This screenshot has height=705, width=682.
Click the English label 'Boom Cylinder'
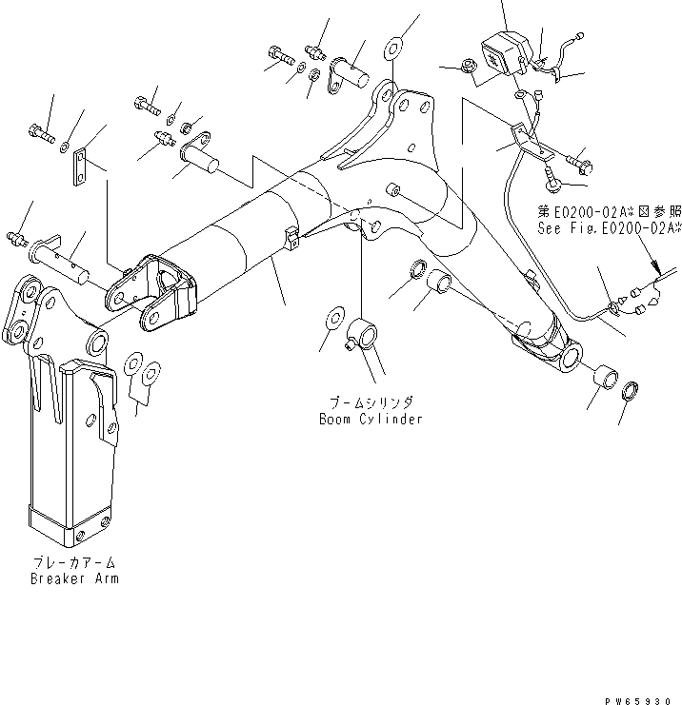(x=371, y=419)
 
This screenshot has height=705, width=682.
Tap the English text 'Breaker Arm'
(x=74, y=578)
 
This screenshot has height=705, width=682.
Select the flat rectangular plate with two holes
(x=84, y=166)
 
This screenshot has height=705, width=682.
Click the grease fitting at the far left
(x=15, y=236)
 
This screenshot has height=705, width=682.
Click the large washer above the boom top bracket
(x=395, y=47)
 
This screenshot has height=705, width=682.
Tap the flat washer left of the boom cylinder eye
(x=333, y=317)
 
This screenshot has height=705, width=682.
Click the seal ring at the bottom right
(x=630, y=392)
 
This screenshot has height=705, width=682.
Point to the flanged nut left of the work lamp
(x=468, y=67)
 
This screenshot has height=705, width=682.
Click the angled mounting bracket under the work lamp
(x=527, y=144)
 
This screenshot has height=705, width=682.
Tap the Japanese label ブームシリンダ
(x=371, y=403)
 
